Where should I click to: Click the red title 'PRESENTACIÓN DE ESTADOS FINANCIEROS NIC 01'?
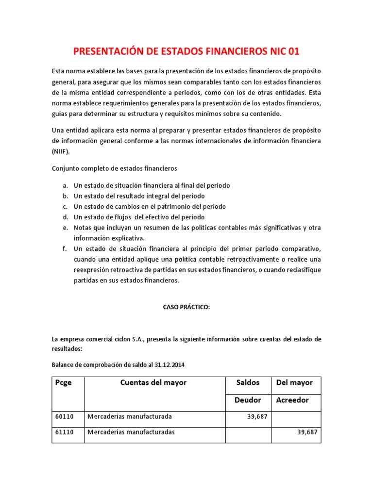tap(186, 51)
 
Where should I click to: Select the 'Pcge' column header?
tap(64, 382)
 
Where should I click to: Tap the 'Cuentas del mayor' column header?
tap(153, 382)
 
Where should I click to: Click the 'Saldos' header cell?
tap(247, 382)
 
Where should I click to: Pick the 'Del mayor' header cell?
tap(294, 382)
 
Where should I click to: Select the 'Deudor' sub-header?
tap(248, 400)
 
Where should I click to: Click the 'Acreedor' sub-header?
tap(292, 400)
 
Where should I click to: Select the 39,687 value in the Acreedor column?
tap(307, 432)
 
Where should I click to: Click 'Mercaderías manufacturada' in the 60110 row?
tap(130, 416)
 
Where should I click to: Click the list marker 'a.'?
tap(65, 185)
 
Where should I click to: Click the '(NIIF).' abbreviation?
tap(61, 151)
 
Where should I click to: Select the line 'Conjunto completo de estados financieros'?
tap(115, 168)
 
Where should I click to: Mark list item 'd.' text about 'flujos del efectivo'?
tap(139, 217)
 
